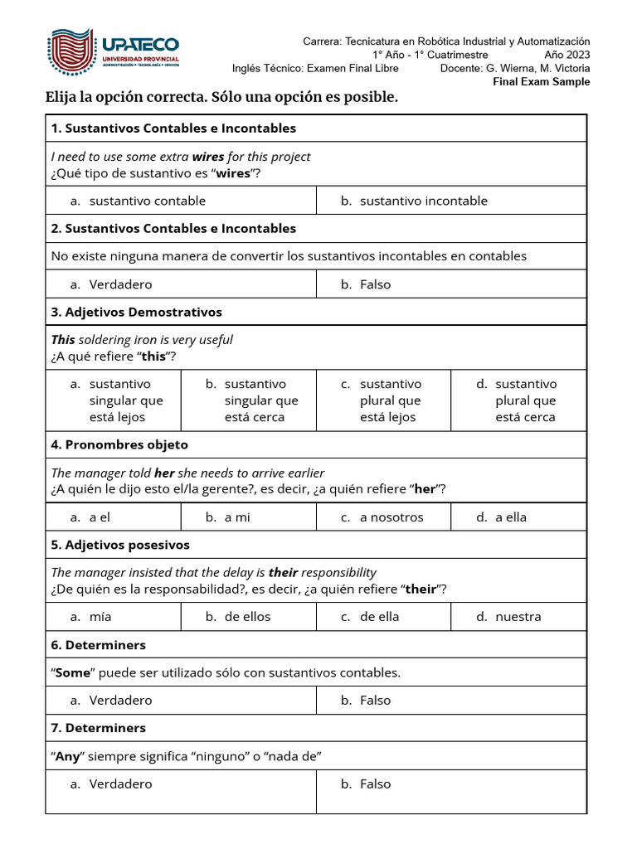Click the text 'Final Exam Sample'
pos(542,81)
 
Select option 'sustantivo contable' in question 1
pos(147,201)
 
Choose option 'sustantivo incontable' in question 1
pos(423,201)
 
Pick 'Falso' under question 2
pos(375,284)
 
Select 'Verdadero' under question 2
pos(120,284)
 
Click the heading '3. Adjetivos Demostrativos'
pos(137,312)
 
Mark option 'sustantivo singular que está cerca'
pos(260,400)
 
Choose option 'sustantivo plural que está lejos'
pos(391,400)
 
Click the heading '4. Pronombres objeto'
pos(119,444)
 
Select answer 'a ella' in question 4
pos(511,517)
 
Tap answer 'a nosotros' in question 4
pos(391,517)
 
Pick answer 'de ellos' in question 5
pos(247,616)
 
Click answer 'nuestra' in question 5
pos(518,616)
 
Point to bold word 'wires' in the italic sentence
pos(208,157)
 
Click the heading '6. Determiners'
pos(98,644)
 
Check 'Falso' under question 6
pos(375,700)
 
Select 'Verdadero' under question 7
pos(120,784)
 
